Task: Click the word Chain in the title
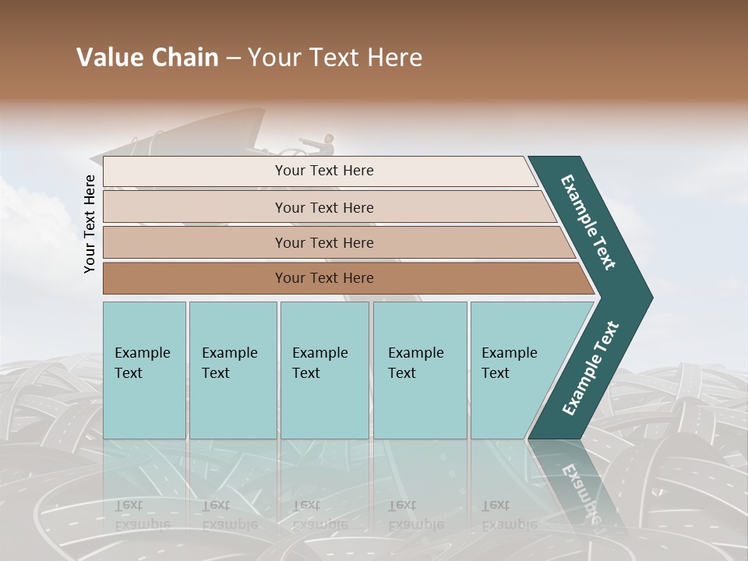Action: pyautogui.click(x=184, y=58)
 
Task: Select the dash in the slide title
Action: pyautogui.click(x=233, y=58)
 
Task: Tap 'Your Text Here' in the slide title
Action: pyautogui.click(x=335, y=58)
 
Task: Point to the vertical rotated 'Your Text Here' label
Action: pyautogui.click(x=90, y=224)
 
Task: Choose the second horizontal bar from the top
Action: pyautogui.click(x=323, y=207)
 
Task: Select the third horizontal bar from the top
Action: pyautogui.click(x=323, y=242)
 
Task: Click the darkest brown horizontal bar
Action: pyautogui.click(x=323, y=278)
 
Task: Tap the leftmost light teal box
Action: pyautogui.click(x=144, y=370)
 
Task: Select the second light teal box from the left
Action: pyautogui.click(x=232, y=370)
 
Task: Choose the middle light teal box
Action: pyautogui.click(x=324, y=370)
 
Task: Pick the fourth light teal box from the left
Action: pyautogui.click(x=420, y=370)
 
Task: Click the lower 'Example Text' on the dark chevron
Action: pyautogui.click(x=590, y=369)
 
